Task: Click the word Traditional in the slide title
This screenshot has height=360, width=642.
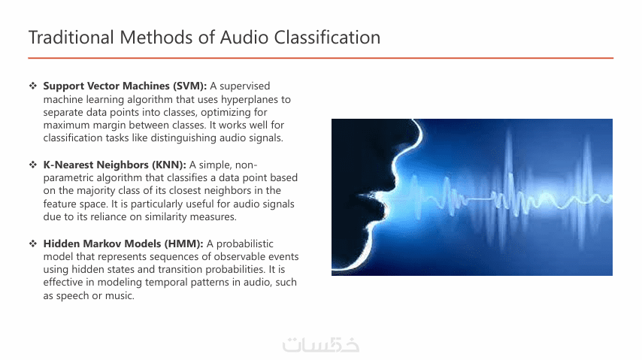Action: coord(71,38)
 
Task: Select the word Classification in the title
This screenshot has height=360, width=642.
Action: coord(327,38)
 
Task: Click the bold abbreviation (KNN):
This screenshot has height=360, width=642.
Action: coord(168,165)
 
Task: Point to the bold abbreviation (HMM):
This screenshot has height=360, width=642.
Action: coord(184,244)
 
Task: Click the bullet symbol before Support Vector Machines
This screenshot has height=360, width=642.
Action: coord(33,86)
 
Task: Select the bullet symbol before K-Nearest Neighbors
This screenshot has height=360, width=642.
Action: coord(33,165)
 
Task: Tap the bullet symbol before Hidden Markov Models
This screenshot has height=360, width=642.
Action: coord(33,244)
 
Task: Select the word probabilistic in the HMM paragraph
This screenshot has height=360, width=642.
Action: coord(245,244)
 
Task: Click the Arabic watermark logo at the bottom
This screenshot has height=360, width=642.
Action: coord(321,345)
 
